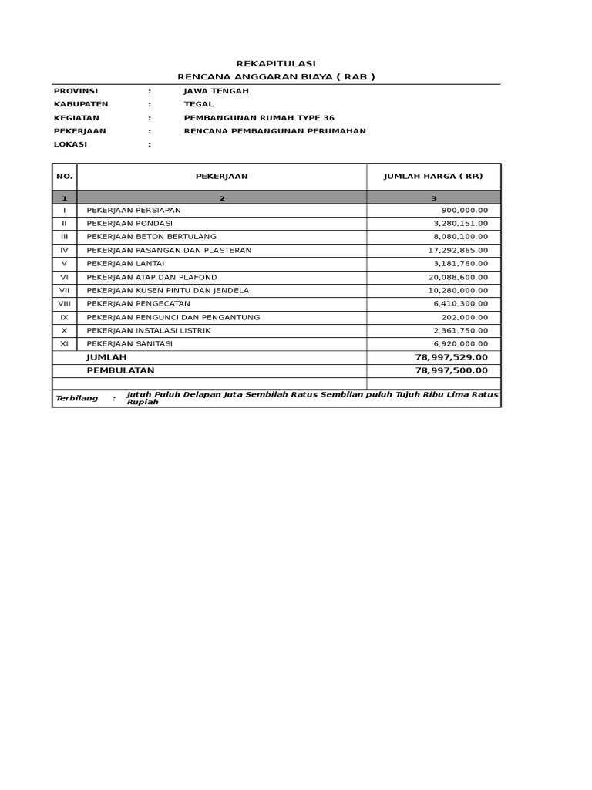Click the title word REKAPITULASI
[275, 63]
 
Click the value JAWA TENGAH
[216, 91]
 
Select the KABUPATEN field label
[81, 104]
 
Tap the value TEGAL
[199, 104]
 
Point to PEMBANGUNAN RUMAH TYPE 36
[259, 118]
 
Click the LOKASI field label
[71, 144]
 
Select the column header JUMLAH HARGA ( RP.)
[433, 177]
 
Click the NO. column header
[65, 177]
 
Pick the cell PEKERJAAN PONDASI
[129, 223]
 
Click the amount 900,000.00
[465, 210]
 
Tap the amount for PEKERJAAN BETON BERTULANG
[461, 237]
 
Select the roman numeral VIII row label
[65, 304]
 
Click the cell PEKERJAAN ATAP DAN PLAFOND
[152, 277]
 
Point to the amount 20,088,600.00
[458, 277]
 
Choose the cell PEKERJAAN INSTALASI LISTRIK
[148, 331]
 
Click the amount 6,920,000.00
[461, 344]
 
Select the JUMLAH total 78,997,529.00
[452, 358]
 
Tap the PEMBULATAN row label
[120, 371]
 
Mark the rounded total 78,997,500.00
[452, 371]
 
